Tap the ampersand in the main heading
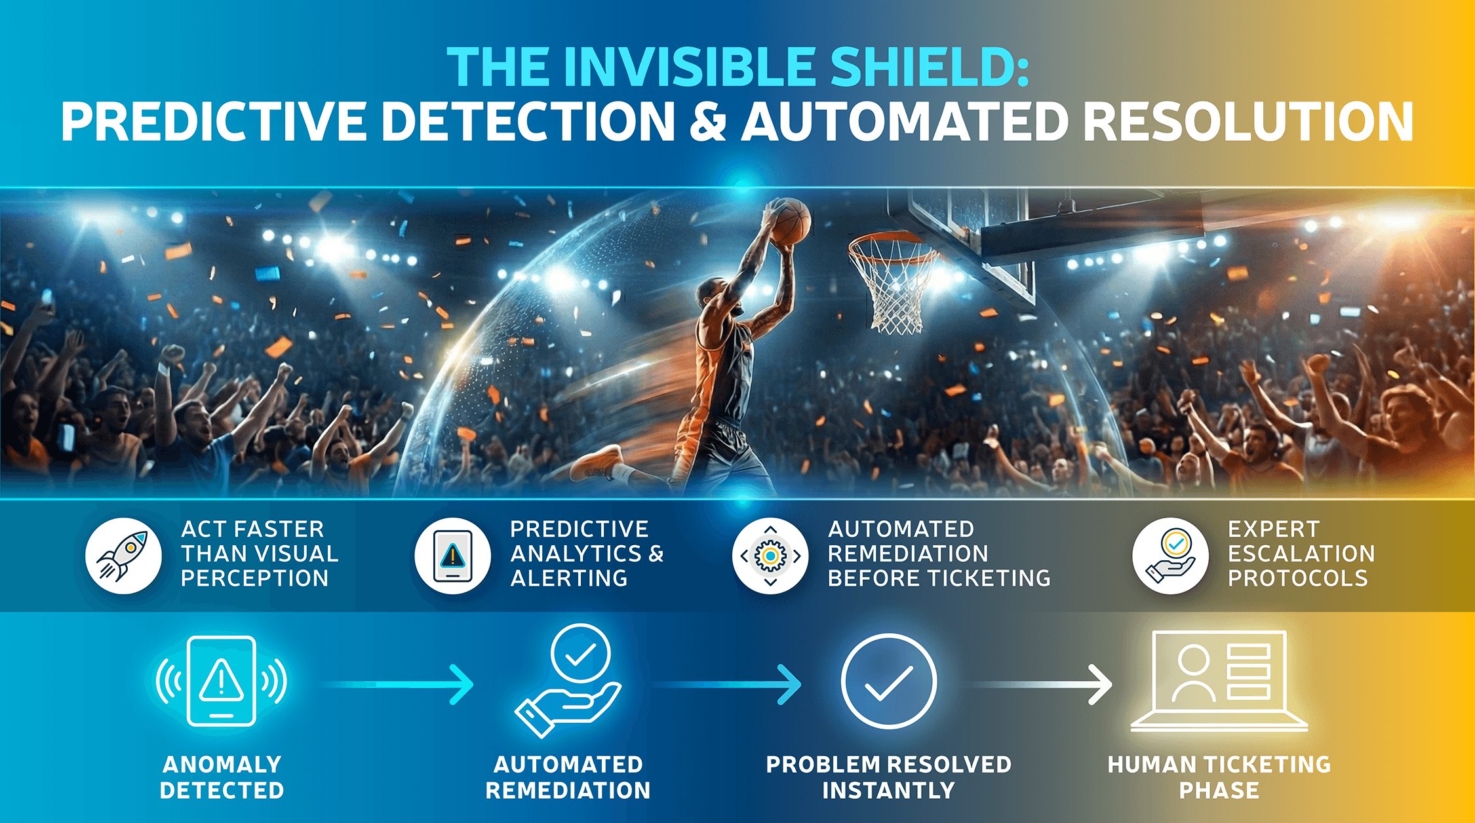click(x=708, y=122)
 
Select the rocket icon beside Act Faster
click(x=123, y=556)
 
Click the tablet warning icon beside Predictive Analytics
click(x=452, y=556)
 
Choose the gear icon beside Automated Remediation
click(x=770, y=556)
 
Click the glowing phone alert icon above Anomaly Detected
click(x=221, y=681)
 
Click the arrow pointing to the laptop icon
click(x=1042, y=684)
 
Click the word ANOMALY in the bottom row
click(x=222, y=765)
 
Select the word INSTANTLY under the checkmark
click(x=888, y=791)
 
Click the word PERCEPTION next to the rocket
click(x=255, y=579)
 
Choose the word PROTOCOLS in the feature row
click(x=1298, y=579)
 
